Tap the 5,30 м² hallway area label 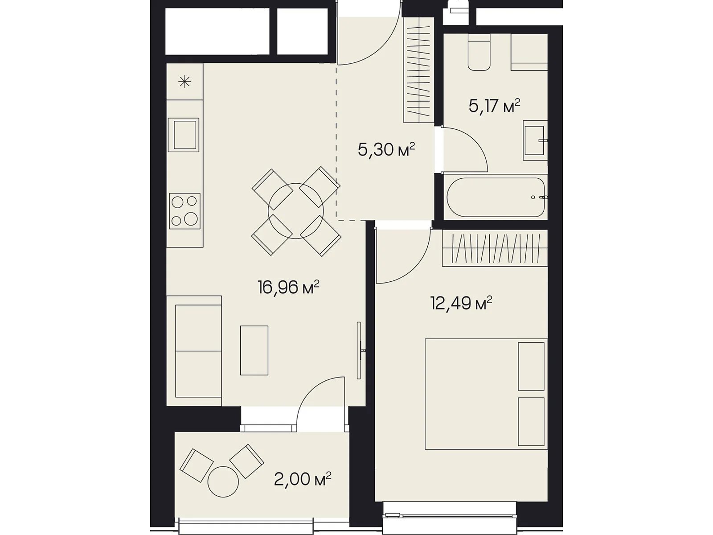pos(386,149)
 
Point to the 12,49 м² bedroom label pos(461,303)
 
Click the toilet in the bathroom pos(479,52)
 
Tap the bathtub pos(496,197)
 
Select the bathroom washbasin pos(535,140)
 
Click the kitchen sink pos(184,135)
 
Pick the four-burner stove pos(184,211)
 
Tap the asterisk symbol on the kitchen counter pos(185,82)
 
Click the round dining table pos(295,211)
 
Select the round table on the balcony pos(223,482)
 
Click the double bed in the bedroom pos(486,394)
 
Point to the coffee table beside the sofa pos(254,350)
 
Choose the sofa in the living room pos(194,351)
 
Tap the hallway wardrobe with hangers pos(419,70)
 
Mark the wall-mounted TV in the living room pos(359,350)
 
